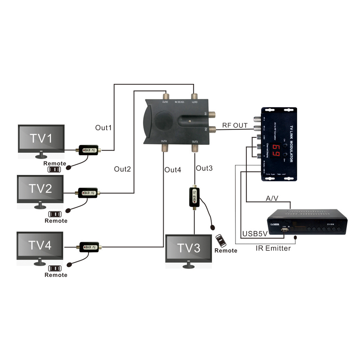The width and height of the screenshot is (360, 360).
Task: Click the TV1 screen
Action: (x=41, y=139)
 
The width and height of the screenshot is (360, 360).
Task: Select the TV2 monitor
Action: (x=40, y=189)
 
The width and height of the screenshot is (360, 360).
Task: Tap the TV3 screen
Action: (x=188, y=249)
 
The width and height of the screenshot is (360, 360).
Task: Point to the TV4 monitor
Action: (x=40, y=246)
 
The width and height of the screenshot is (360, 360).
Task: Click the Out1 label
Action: (x=104, y=128)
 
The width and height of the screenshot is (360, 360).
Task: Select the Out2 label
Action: (x=122, y=169)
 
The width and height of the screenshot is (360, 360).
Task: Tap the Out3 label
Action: (x=204, y=168)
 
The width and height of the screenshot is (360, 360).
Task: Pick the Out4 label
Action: (x=173, y=170)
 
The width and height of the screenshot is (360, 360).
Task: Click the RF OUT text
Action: (x=235, y=125)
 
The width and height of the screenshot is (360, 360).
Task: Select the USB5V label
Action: (x=255, y=234)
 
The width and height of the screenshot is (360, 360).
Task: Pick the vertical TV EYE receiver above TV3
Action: (x=194, y=197)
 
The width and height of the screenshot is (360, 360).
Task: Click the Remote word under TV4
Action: (x=56, y=275)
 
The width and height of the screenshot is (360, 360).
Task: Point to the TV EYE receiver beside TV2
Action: (x=88, y=193)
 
